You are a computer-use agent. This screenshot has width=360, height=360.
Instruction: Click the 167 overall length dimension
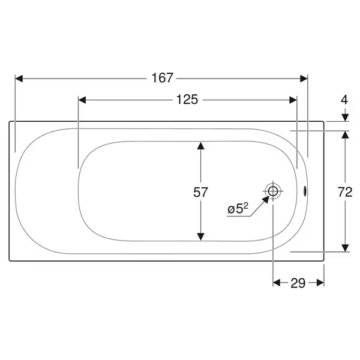(x=162, y=78)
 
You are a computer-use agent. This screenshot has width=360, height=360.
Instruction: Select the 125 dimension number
(x=187, y=100)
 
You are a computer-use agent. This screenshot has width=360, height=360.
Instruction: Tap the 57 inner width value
(x=200, y=192)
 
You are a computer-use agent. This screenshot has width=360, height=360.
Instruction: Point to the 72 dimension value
(x=345, y=192)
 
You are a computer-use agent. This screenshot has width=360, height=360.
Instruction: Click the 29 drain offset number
(x=298, y=283)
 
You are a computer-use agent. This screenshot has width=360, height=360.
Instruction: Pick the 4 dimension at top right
(x=344, y=100)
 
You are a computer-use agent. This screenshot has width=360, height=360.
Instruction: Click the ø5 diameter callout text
(x=238, y=208)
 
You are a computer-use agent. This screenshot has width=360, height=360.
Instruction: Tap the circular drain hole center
(x=273, y=191)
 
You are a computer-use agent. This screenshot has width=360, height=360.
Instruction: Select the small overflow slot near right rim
(x=305, y=191)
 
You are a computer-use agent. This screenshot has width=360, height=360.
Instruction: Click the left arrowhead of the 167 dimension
(x=19, y=79)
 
